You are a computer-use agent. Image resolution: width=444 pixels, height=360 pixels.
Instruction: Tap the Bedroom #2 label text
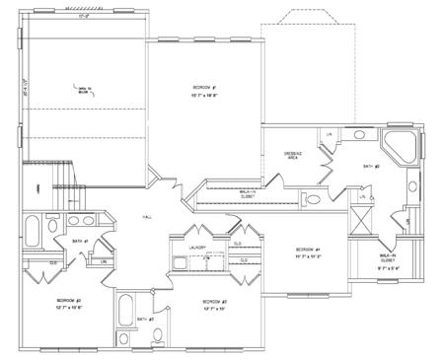pos(68,299)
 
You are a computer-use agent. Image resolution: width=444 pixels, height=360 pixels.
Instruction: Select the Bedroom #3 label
pos(215,301)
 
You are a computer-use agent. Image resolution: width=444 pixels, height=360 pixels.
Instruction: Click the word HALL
pos(147,216)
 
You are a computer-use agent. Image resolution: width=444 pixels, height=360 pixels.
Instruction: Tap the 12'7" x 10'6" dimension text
pos(68,308)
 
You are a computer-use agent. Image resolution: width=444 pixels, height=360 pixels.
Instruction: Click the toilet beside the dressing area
pos(314,200)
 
